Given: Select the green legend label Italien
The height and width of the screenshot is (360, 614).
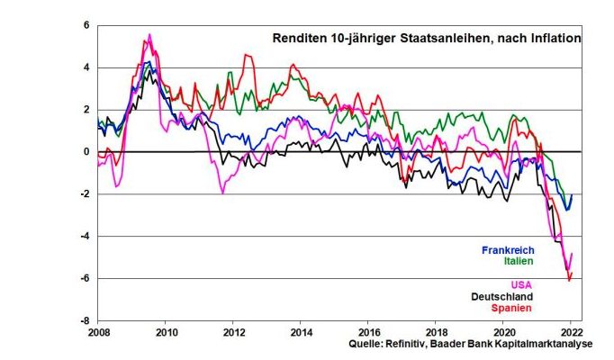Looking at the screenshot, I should click(x=518, y=261).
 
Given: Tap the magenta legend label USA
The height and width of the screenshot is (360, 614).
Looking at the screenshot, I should click(x=521, y=285).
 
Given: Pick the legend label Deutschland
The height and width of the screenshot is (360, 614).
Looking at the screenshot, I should click(x=502, y=297).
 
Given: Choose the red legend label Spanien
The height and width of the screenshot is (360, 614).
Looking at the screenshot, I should click(x=511, y=309).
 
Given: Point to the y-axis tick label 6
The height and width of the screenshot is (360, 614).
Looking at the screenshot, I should click(x=87, y=25).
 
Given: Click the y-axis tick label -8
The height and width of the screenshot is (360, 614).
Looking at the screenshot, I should click(x=86, y=320).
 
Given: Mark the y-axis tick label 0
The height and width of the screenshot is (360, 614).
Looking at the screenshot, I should click(x=87, y=152).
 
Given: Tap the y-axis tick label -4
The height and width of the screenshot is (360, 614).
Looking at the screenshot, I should click(x=86, y=237).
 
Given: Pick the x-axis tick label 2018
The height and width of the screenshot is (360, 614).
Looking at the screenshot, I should click(x=435, y=332).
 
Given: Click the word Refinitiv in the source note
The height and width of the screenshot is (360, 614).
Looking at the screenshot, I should click(x=414, y=345).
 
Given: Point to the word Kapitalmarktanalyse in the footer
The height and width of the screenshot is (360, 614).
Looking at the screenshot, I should click(x=545, y=345).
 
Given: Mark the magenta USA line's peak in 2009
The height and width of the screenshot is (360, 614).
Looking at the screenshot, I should click(x=149, y=34).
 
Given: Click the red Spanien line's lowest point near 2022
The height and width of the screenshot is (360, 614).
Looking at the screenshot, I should click(x=568, y=280).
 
